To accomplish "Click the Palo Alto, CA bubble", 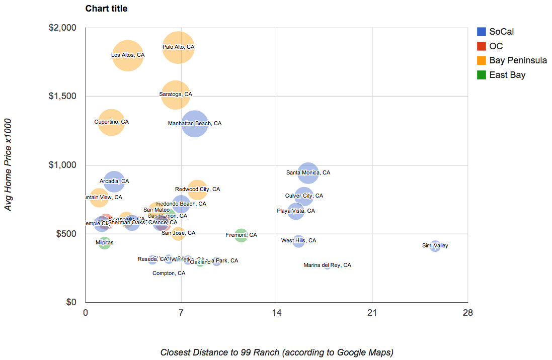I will tap(178, 47).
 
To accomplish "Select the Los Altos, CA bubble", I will tap(128, 55).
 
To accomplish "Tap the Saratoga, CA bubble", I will tap(176, 94).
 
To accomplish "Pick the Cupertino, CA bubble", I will tap(111, 122).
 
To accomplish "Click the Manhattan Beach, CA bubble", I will tap(195, 123).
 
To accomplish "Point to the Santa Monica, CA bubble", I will tap(308, 173).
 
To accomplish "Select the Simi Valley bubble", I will tap(435, 246).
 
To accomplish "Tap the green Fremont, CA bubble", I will tap(241, 235).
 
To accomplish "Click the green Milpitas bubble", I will tap(104, 243).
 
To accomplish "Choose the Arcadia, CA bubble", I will tap(114, 181).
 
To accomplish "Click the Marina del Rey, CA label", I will tap(327, 265).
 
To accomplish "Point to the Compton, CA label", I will tap(169, 273).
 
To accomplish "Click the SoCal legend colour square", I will tap(482, 32).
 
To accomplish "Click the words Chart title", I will tap(106, 9).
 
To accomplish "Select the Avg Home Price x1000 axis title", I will tap(9, 165).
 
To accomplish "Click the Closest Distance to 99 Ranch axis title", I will tap(277, 352).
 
